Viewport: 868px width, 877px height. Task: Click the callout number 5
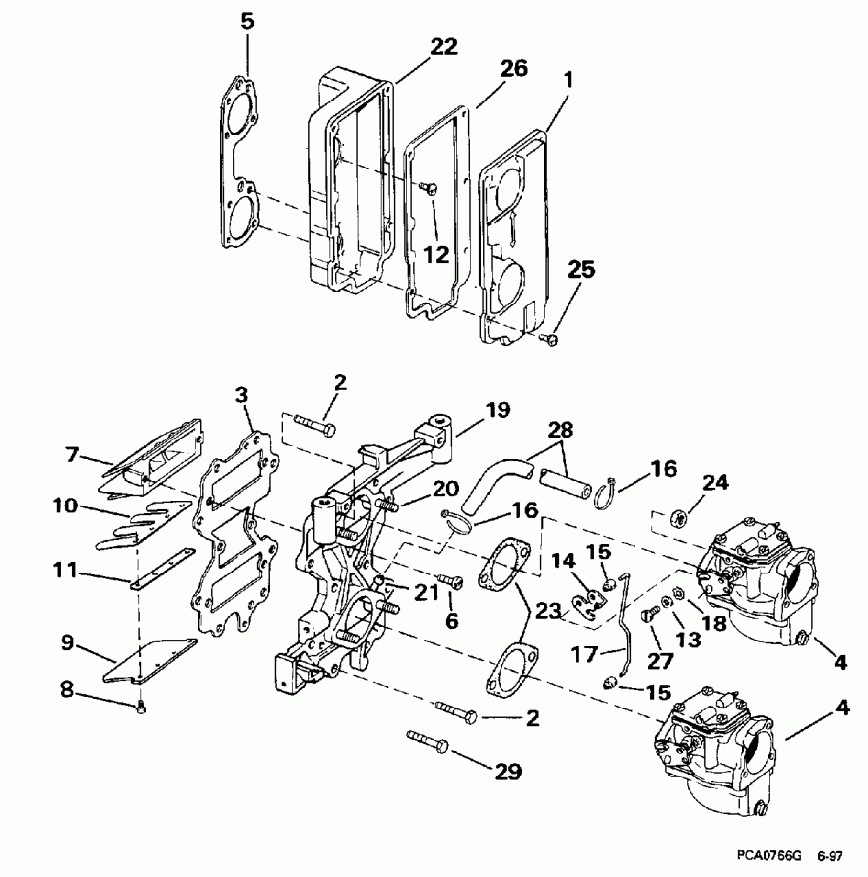(x=246, y=20)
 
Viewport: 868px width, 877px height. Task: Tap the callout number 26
(x=512, y=68)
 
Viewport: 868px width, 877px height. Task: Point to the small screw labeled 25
(x=550, y=339)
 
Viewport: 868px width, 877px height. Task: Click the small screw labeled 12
(x=431, y=188)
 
